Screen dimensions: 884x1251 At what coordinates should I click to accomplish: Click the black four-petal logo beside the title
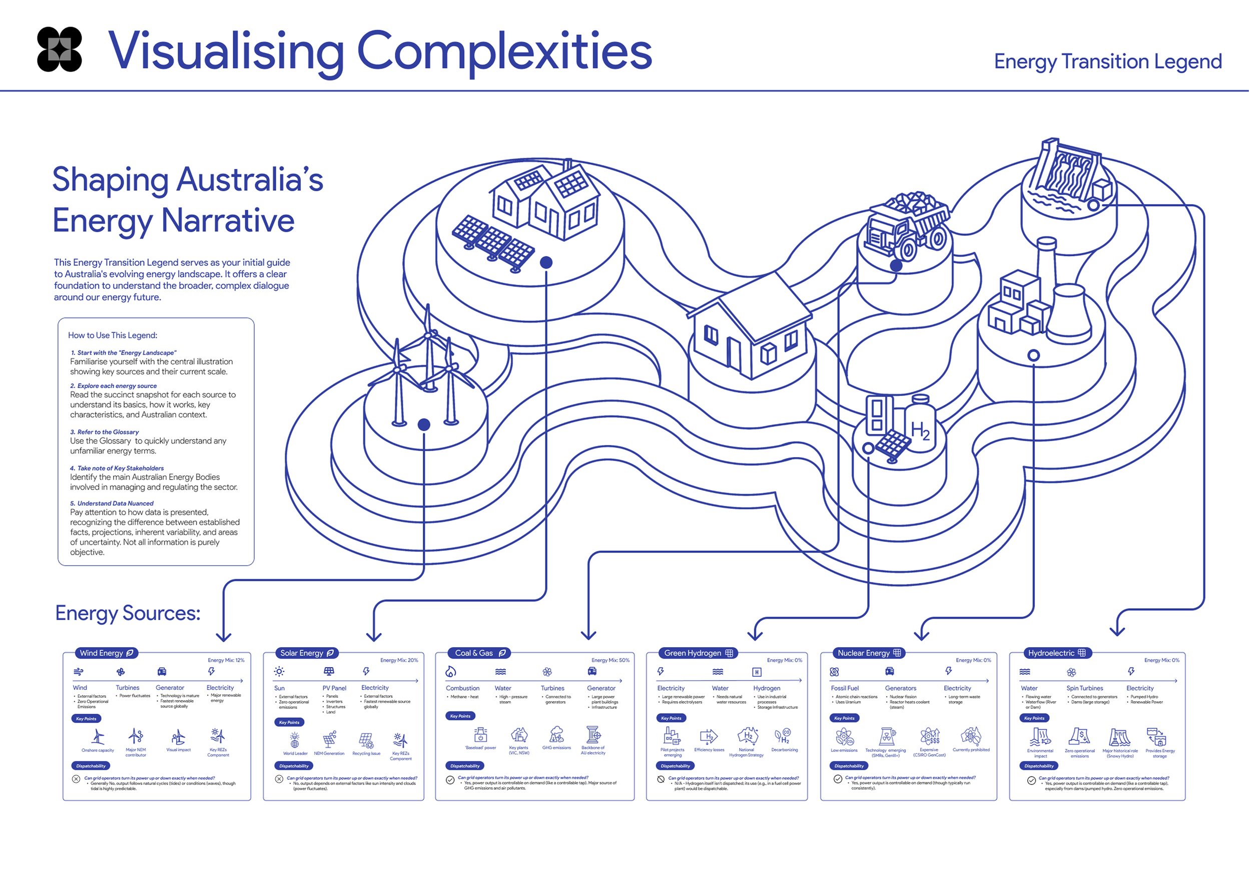(60, 49)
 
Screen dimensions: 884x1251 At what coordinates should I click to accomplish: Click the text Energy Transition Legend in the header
(1107, 62)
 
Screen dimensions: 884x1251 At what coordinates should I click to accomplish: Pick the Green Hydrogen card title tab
(698, 653)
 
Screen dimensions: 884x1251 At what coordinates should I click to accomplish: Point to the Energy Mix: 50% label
(610, 661)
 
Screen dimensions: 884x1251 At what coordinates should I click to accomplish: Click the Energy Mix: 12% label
(226, 661)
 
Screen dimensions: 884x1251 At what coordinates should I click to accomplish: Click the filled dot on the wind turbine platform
(424, 424)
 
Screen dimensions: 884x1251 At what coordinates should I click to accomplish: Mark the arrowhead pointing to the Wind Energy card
(223, 636)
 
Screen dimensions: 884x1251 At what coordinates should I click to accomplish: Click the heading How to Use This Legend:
(113, 335)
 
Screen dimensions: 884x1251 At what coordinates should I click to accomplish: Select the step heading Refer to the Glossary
(108, 431)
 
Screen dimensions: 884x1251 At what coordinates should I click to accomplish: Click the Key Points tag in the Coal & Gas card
(460, 716)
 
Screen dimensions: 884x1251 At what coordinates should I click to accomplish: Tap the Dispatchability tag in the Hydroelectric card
(1038, 766)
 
